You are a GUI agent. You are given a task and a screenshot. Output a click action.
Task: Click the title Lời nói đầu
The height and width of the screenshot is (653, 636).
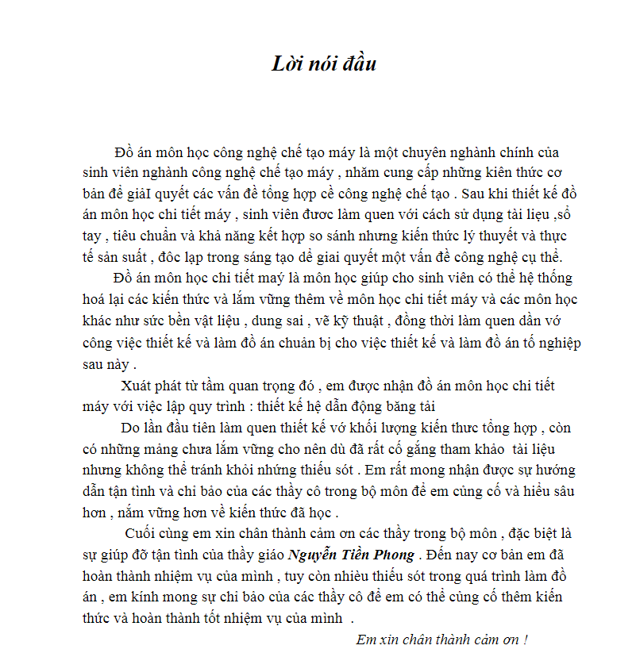[324, 64]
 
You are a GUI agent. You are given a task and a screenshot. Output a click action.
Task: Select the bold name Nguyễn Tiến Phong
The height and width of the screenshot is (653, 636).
[351, 555]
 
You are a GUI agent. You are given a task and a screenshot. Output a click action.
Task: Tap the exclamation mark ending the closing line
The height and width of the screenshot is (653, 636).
[526, 639]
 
